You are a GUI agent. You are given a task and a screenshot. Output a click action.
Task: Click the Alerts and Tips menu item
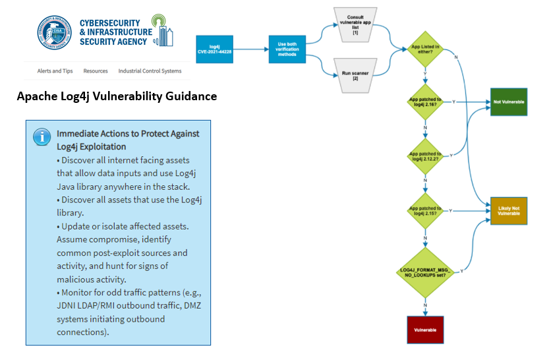pos(55,71)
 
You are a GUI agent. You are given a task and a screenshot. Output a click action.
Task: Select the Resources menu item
pos(96,71)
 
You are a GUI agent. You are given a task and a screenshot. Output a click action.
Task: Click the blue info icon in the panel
pos(42,136)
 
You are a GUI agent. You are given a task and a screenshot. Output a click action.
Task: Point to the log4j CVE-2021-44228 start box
pos(214,49)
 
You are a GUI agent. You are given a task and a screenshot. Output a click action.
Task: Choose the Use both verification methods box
pos(287,49)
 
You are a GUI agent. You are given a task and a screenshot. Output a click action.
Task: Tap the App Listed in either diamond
pos(425,49)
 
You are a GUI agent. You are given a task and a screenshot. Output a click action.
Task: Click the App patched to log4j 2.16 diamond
pos(425,103)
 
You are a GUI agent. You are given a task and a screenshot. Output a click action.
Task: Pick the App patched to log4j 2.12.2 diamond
pos(425,156)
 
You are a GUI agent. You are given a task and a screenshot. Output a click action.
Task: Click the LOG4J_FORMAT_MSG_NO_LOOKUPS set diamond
pos(425,272)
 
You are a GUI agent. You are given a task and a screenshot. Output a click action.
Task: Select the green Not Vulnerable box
pos(509,102)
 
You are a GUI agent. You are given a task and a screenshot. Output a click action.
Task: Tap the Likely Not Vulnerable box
pos(509,210)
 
